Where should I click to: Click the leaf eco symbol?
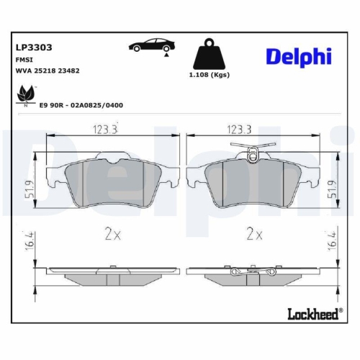click(27, 94)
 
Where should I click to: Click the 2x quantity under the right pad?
click(253, 234)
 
